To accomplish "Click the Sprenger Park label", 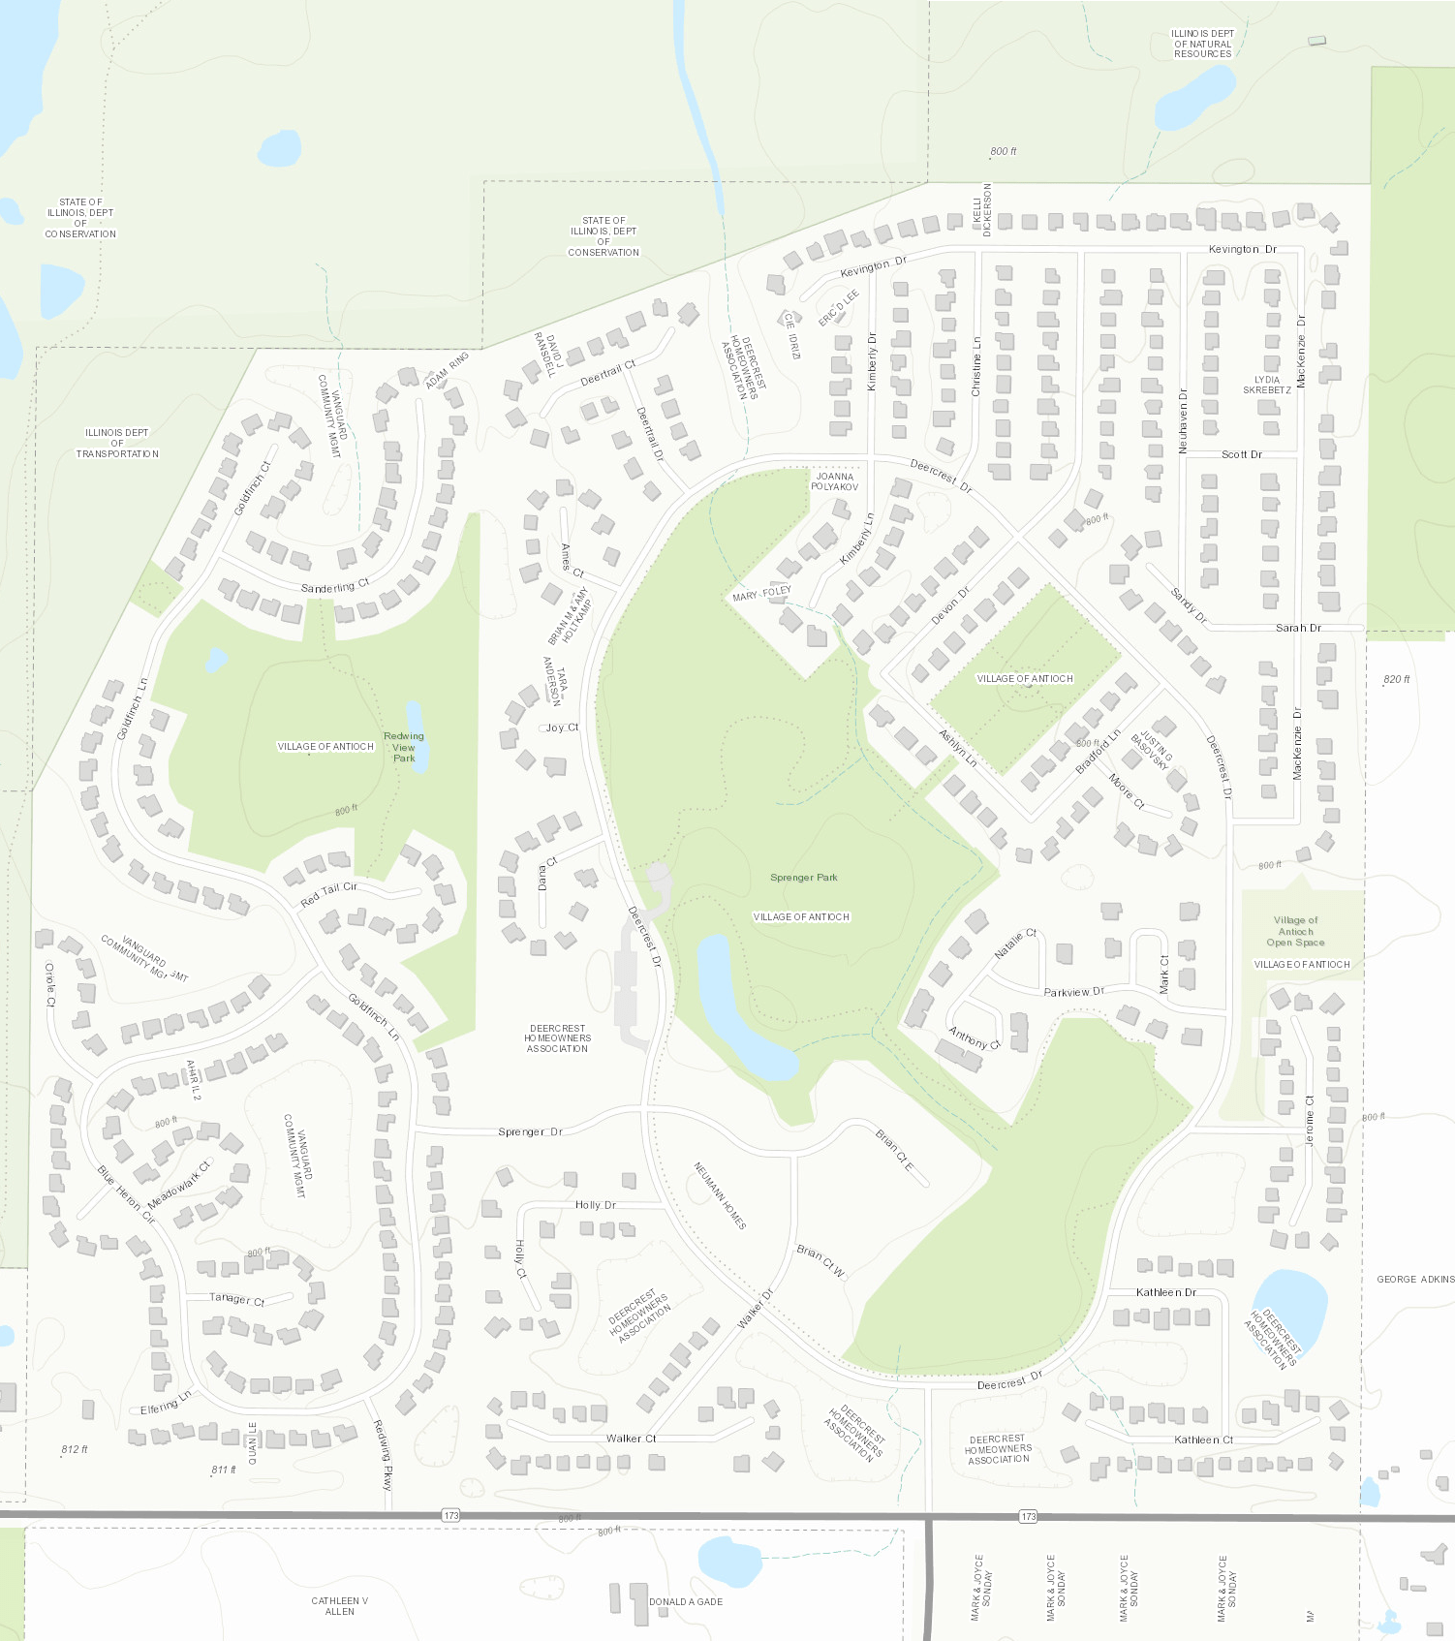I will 803,878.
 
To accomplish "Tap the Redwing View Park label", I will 404,747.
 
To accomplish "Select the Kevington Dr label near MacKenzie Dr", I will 1243,249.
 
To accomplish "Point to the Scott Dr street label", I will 1241,454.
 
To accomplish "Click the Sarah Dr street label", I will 1298,628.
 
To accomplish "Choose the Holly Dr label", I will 595,1205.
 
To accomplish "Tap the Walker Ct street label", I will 631,1439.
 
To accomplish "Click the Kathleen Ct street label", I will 1203,1440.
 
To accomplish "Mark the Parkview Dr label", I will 1073,992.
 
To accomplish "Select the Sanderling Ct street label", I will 334,587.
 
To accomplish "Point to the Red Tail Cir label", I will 328,893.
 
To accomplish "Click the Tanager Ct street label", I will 236,1298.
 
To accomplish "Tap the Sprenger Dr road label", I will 530,1131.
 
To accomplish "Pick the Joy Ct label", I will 562,728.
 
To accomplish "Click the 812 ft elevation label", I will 75,1449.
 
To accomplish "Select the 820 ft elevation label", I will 1397,679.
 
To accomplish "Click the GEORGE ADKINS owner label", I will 1415,1279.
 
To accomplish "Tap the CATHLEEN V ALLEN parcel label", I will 339,1605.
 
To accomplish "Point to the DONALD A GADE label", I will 686,1601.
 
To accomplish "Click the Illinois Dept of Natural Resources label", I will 1203,44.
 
